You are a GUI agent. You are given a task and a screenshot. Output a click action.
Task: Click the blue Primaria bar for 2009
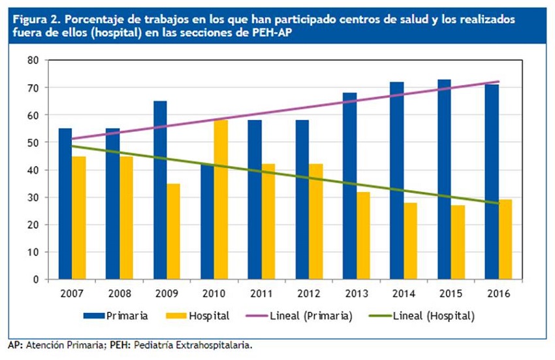160,190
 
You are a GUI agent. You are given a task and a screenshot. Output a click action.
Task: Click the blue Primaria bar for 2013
350,186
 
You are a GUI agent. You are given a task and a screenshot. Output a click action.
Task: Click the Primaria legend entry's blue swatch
97,316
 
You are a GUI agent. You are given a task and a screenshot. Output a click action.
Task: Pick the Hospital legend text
209,316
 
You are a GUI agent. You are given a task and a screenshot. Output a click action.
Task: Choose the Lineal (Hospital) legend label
434,316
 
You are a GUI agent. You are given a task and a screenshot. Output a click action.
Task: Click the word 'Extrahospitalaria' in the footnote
214,344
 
